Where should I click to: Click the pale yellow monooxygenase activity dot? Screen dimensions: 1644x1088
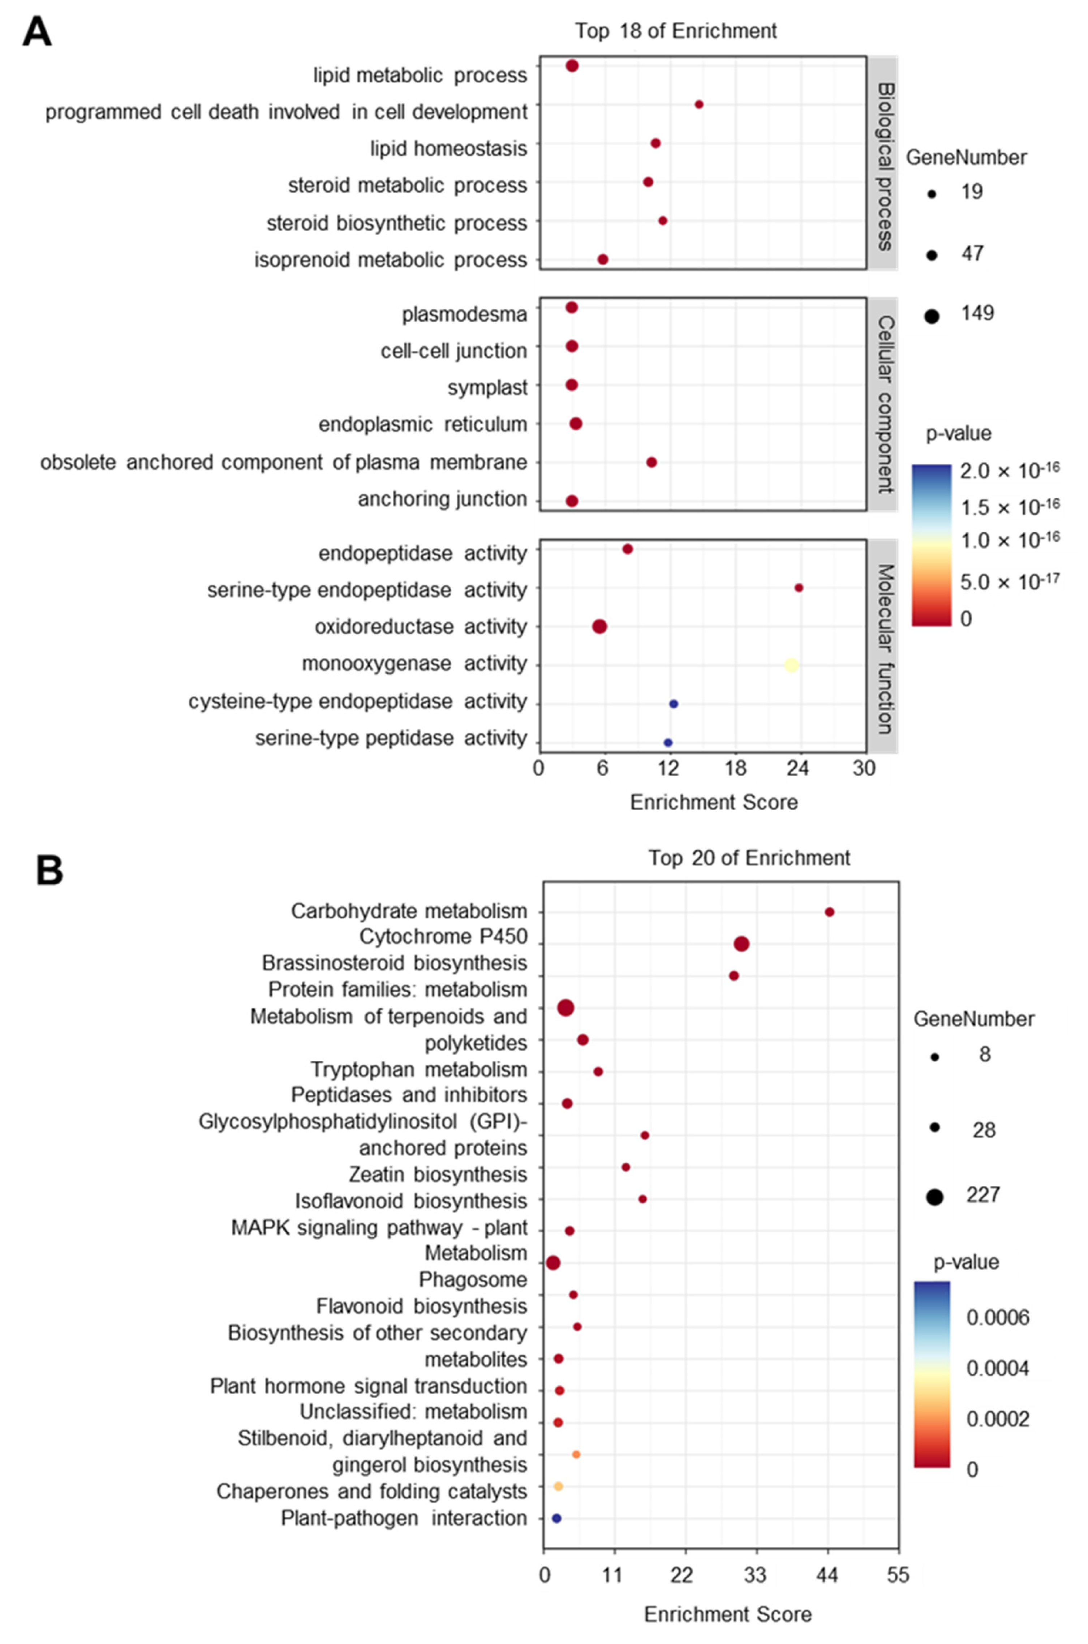[791, 665]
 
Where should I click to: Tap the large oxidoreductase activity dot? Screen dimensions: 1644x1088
[599, 627]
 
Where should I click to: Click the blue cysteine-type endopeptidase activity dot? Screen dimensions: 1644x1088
[673, 704]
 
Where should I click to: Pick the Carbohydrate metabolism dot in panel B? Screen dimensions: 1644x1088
[829, 912]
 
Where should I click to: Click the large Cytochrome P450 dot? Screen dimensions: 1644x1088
[741, 944]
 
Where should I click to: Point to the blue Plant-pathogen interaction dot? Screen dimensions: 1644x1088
[556, 1518]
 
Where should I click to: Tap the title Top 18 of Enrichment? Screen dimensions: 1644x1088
[675, 31]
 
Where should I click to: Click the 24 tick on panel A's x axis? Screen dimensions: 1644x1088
[799, 768]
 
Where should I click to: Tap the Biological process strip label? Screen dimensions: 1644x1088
[884, 167]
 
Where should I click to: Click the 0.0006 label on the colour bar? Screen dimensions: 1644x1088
[998, 1317]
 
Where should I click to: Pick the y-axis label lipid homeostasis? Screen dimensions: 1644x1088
[448, 149]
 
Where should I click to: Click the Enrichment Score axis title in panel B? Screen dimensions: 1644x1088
[727, 1614]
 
